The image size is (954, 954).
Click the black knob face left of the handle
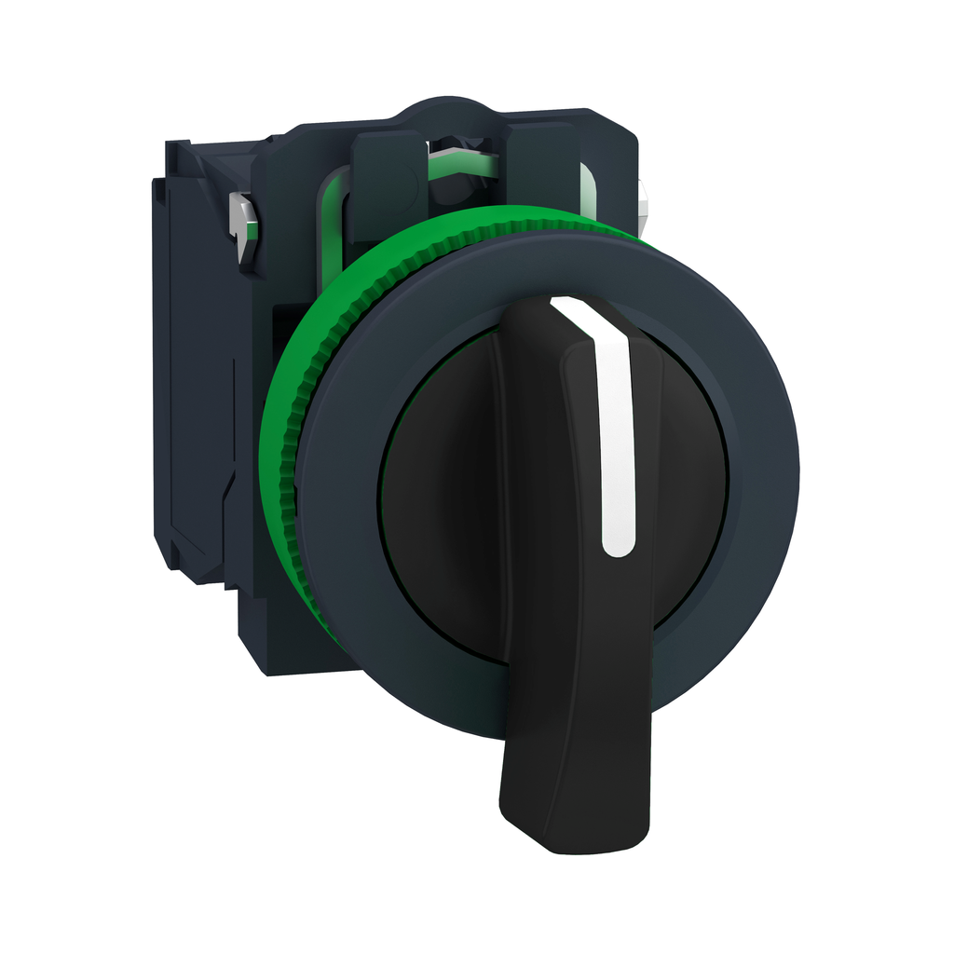pyautogui.click(x=438, y=484)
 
